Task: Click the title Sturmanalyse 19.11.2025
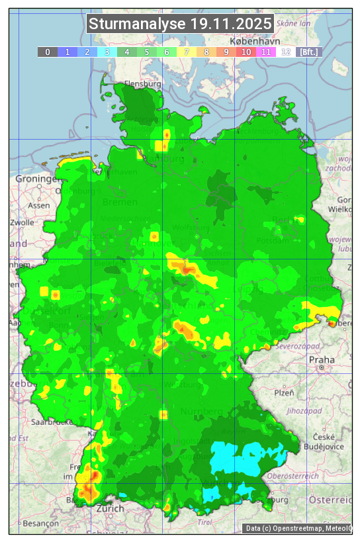tap(180, 24)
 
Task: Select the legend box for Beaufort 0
tap(48, 52)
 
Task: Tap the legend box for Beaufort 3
tap(107, 52)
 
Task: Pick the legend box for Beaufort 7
tap(187, 52)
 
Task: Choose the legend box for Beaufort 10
tap(246, 52)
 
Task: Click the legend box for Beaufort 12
tap(286, 52)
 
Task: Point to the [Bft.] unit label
tap(308, 52)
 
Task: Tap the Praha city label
tap(322, 360)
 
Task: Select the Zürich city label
tap(110, 508)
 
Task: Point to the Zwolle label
tap(21, 222)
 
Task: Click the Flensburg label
tap(143, 85)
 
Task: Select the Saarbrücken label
tap(52, 422)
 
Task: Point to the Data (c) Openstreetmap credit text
tap(298, 528)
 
